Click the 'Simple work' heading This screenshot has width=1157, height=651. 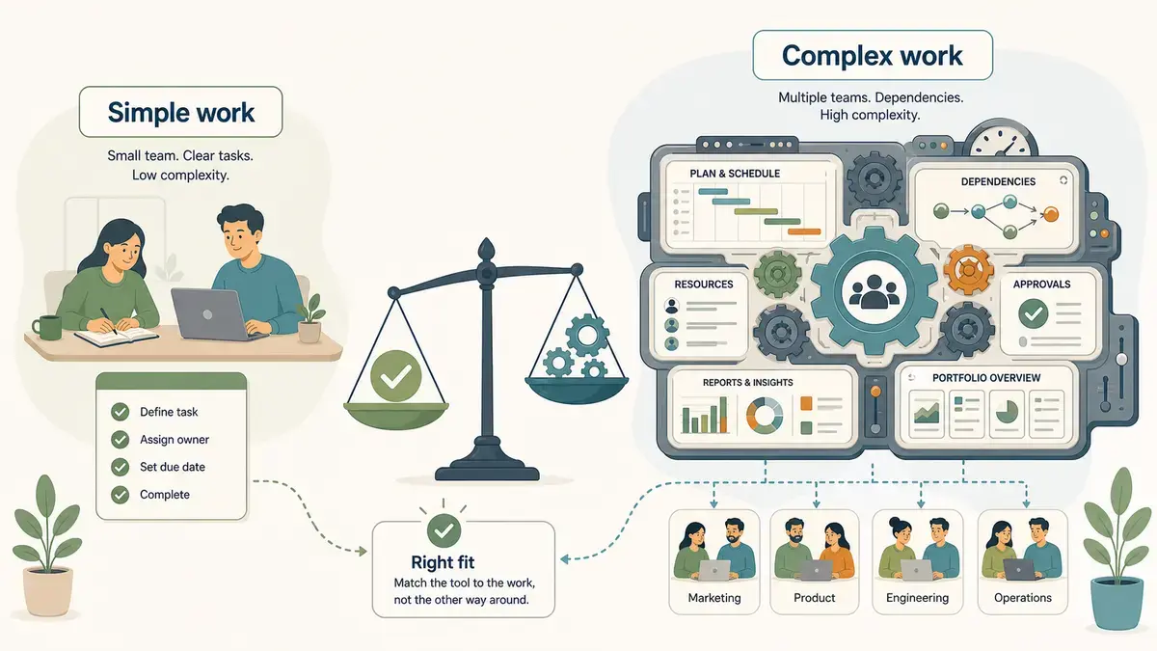pyautogui.click(x=181, y=112)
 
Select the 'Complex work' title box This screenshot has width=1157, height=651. pyautogui.click(x=873, y=55)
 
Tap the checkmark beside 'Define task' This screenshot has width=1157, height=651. pyautogui.click(x=120, y=412)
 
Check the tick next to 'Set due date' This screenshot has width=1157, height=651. pyautogui.click(x=120, y=467)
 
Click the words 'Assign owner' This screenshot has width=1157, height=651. pyautogui.click(x=175, y=440)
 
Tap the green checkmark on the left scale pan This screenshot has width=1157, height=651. pyautogui.click(x=395, y=375)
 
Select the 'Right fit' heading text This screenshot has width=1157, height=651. pyautogui.click(x=443, y=562)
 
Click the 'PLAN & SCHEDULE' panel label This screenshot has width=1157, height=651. pyautogui.click(x=735, y=174)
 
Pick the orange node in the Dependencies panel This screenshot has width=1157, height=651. pyautogui.click(x=1051, y=214)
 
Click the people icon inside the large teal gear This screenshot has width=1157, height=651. pyautogui.click(x=874, y=292)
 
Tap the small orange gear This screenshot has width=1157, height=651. pyautogui.click(x=968, y=270)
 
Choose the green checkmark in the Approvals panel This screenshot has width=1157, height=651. pyautogui.click(x=1033, y=313)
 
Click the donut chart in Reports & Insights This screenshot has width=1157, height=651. pyautogui.click(x=765, y=415)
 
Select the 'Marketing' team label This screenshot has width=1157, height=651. pyautogui.click(x=714, y=598)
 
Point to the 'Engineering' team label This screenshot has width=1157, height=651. pyautogui.click(x=917, y=598)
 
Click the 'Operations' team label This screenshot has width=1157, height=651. pyautogui.click(x=1023, y=598)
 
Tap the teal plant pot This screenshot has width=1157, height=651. pyautogui.click(x=1117, y=603)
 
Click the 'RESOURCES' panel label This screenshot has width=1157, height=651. pyautogui.click(x=704, y=285)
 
